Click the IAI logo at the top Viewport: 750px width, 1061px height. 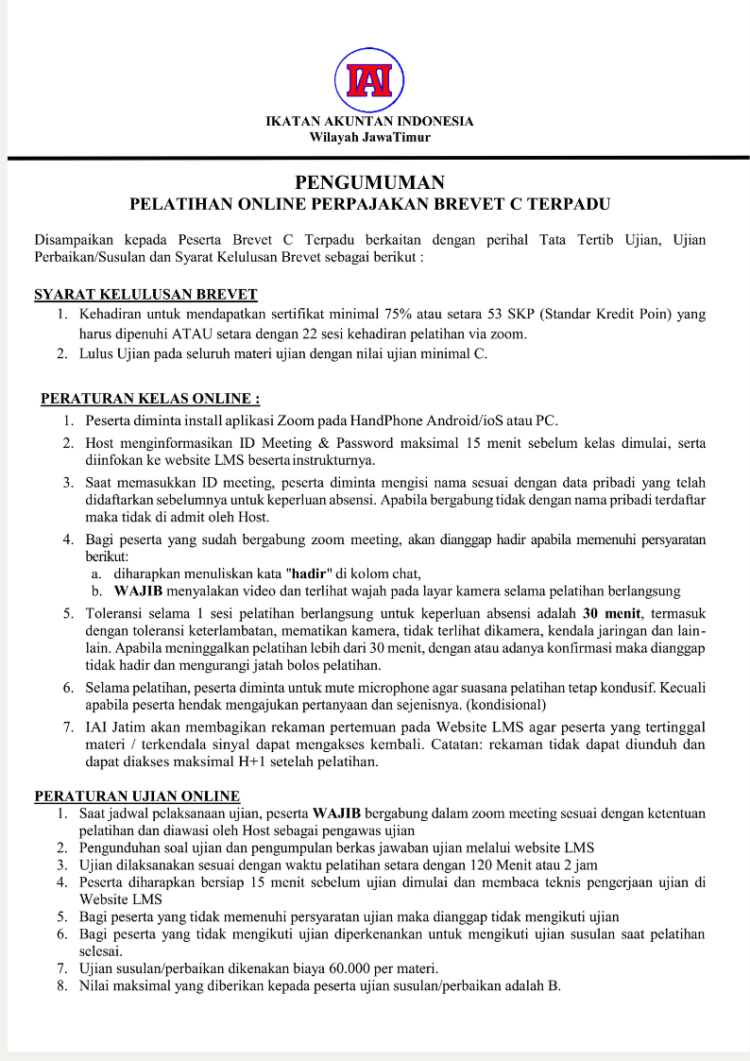(369, 80)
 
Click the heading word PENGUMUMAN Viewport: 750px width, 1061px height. (369, 182)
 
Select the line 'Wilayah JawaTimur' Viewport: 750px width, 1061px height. (369, 137)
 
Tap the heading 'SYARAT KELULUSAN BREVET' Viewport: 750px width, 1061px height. (145, 294)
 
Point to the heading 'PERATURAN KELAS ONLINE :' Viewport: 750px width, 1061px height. (150, 399)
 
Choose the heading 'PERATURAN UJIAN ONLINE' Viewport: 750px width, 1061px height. (137, 796)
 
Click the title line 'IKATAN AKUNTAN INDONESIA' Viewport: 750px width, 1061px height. (369, 121)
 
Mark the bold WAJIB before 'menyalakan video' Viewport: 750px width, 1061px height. (140, 591)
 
